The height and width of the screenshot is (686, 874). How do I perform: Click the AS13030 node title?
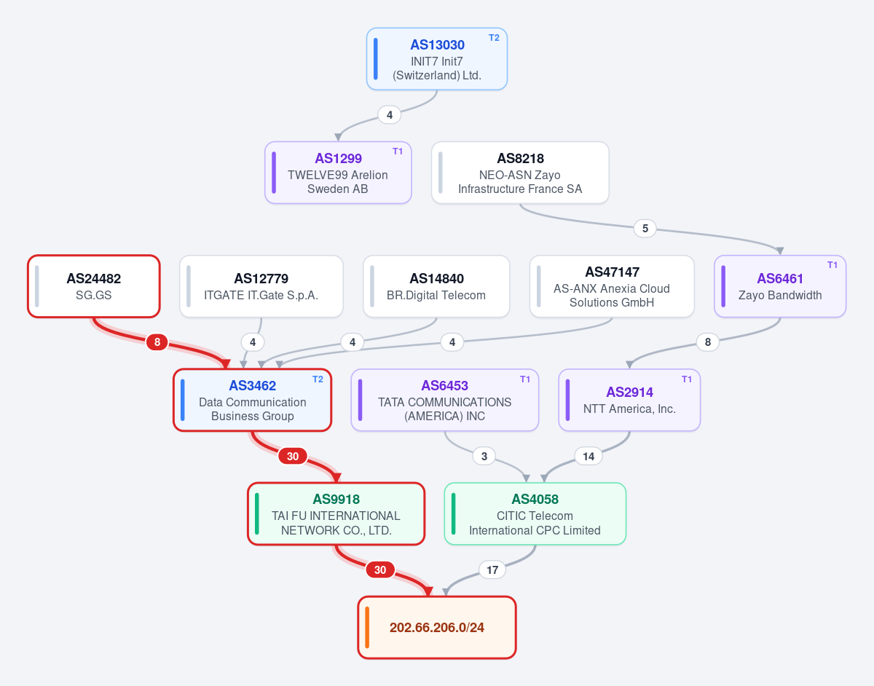tap(437, 44)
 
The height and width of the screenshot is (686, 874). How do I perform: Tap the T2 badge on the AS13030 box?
tap(494, 38)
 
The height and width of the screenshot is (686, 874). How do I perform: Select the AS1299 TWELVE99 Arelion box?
tap(338, 173)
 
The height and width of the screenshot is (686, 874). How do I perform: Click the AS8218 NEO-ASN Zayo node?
tap(520, 173)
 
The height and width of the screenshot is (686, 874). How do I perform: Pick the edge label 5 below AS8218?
tap(645, 229)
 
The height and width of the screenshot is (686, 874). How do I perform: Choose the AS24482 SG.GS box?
tap(94, 286)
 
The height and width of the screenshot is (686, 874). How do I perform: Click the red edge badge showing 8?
tap(157, 342)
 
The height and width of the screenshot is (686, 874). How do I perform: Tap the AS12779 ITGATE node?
tap(261, 286)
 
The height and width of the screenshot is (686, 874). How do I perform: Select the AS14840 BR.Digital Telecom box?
tap(436, 286)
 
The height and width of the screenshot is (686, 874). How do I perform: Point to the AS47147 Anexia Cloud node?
tap(612, 286)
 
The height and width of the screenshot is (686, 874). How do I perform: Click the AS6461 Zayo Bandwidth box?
tap(780, 286)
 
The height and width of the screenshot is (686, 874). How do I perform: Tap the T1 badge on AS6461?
tap(832, 265)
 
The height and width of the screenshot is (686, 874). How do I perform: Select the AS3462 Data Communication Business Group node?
tap(252, 400)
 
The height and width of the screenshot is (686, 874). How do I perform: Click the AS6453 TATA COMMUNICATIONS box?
tap(444, 400)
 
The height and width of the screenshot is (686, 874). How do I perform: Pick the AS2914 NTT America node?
tap(629, 400)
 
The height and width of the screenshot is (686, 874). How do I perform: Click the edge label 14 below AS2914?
tap(588, 457)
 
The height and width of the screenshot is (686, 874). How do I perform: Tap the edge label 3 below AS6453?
tap(484, 457)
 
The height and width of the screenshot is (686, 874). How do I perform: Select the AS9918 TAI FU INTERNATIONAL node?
tap(336, 514)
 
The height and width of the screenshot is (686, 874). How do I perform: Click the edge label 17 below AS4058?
tap(492, 569)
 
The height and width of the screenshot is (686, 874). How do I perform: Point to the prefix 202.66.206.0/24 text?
tap(437, 628)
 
